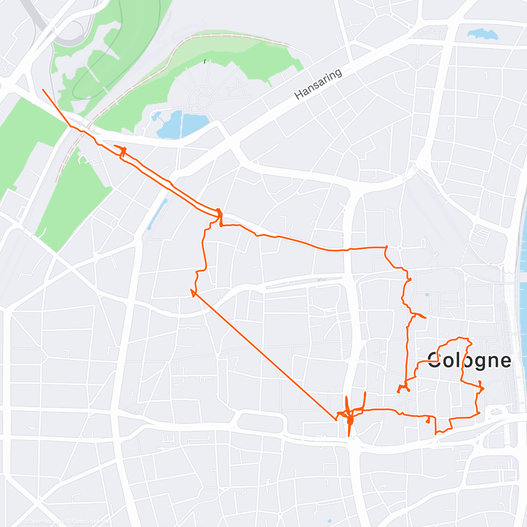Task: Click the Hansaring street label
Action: click(x=318, y=84)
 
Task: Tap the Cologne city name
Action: click(x=469, y=360)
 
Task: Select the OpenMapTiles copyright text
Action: click(x=42, y=521)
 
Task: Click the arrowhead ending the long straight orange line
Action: click(x=192, y=292)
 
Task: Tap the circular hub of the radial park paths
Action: click(x=203, y=102)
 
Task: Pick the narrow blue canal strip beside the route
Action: click(x=157, y=214)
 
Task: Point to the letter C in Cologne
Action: click(x=434, y=360)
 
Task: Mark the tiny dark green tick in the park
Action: click(x=205, y=61)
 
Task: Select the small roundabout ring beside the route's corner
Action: click(x=400, y=249)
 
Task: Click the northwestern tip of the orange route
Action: click(x=43, y=90)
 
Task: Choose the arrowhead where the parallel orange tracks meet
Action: click(x=219, y=214)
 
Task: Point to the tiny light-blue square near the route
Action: click(x=427, y=294)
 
